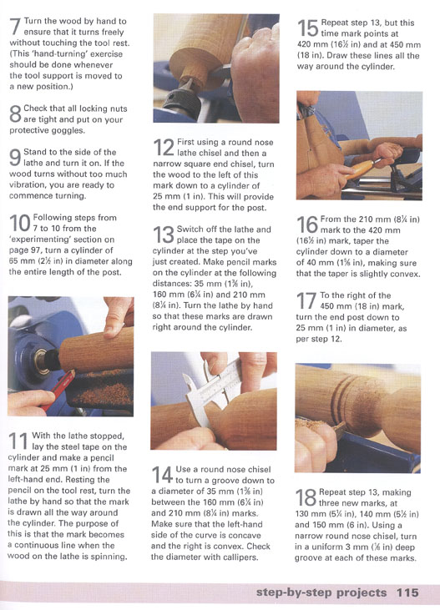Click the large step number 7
click(x=16, y=26)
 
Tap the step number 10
click(x=19, y=223)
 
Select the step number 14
click(x=162, y=475)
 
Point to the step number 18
click(x=306, y=497)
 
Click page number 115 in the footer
click(x=407, y=592)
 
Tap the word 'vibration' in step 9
click(x=26, y=184)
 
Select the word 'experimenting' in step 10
click(x=34, y=239)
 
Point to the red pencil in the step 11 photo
click(x=58, y=391)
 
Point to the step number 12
click(x=164, y=148)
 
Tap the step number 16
click(x=307, y=224)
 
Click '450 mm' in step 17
click(x=336, y=306)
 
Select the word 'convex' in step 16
click(x=407, y=274)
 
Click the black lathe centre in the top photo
click(x=182, y=100)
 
